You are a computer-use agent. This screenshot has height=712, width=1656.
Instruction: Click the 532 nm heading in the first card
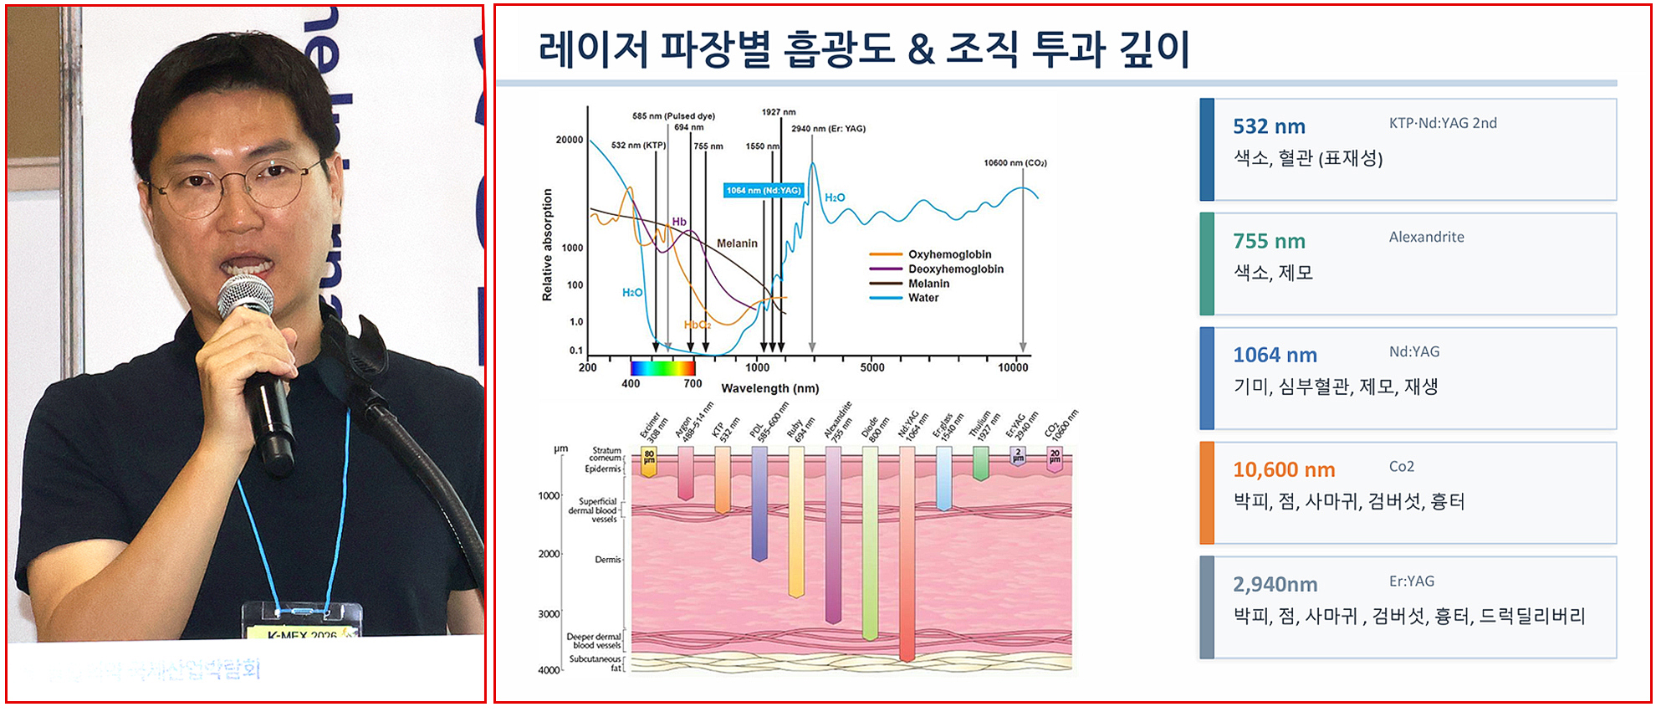tap(1269, 126)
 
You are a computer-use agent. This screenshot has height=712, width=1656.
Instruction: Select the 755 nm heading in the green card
tap(1269, 241)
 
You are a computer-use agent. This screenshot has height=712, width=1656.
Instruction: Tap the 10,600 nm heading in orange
tap(1284, 469)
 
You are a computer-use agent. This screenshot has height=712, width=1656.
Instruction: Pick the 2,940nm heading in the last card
tap(1275, 584)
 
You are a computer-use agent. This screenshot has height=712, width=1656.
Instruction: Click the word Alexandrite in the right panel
tap(1426, 237)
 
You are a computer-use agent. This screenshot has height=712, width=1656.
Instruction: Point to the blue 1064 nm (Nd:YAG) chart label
tap(764, 191)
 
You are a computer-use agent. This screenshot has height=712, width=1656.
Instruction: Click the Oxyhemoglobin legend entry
tap(949, 254)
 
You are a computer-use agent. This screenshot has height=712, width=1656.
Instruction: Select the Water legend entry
tap(923, 298)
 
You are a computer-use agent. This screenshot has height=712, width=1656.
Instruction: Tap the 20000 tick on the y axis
tap(570, 140)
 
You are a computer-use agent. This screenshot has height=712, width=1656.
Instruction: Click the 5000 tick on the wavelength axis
tap(871, 367)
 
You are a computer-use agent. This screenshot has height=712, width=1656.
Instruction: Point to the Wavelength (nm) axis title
tap(769, 388)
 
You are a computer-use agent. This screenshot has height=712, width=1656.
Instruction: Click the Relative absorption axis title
tap(548, 244)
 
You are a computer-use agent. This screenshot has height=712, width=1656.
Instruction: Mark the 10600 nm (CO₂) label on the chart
tap(1015, 163)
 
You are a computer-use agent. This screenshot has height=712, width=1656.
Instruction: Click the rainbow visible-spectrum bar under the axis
tap(662, 368)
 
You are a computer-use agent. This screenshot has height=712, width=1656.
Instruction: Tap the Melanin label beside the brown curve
tap(737, 243)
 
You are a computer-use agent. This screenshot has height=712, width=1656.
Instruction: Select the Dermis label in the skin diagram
tap(607, 559)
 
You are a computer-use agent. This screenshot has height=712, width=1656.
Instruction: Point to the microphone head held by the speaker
tap(245, 297)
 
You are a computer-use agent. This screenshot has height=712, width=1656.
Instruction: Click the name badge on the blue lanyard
tap(302, 622)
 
